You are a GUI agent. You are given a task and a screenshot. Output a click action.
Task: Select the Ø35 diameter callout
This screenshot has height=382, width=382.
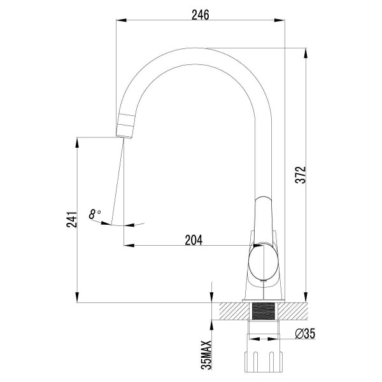coord(306,334)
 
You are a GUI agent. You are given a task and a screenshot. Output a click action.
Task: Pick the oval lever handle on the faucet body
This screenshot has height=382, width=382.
coord(263,262)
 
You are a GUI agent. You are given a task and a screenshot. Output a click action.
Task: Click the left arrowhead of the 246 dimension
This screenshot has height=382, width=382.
coord(119,21)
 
